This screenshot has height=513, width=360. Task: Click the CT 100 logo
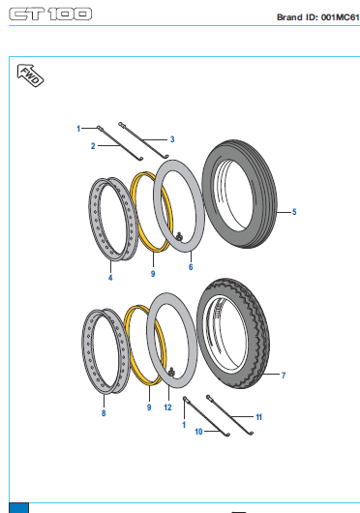50,15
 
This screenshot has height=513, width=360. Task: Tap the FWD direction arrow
30,75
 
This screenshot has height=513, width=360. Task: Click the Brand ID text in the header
318,17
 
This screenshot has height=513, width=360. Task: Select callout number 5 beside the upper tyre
294,212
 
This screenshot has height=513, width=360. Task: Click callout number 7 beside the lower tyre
284,376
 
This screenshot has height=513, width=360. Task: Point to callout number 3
172,139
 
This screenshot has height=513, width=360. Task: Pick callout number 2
93,146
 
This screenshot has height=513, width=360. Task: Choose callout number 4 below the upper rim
110,278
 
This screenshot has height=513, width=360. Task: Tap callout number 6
191,267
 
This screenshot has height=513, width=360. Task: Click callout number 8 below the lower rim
104,413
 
